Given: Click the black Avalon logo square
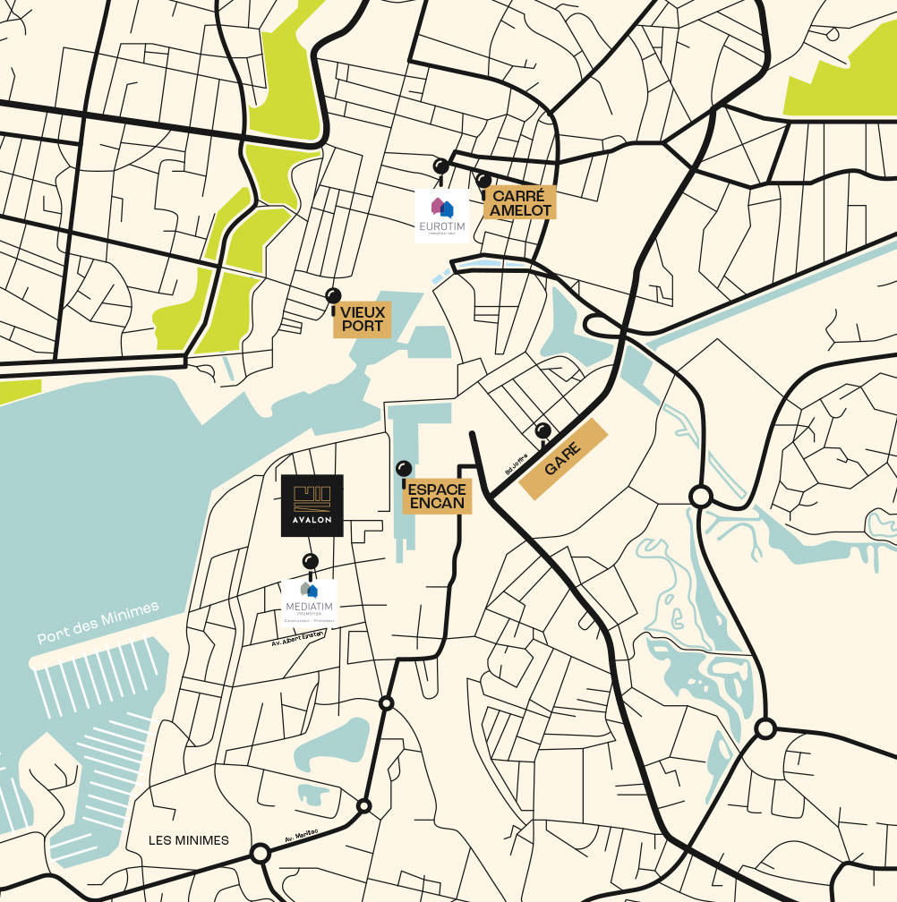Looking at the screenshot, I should pos(312,505).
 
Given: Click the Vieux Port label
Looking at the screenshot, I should pos(362,319).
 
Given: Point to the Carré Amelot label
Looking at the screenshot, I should pos(519,202).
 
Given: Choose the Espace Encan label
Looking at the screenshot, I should pos(437,496).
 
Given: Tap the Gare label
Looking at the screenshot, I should pos(566,459).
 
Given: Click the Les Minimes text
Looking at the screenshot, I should pos(189,840).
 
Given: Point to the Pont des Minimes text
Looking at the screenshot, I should pos(98,623).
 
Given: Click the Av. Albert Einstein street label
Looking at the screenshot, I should pos(297,637).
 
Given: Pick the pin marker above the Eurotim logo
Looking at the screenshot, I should pos(440,166).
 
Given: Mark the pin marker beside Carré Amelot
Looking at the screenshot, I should pos(483,181).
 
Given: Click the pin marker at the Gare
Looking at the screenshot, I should pos(542,430).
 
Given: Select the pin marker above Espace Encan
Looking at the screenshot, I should pos(404,468).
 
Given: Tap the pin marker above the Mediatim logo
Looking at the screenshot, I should pos(311,561).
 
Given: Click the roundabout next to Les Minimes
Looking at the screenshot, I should pos(261,854).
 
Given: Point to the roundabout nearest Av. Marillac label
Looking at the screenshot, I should pos(364,806).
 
